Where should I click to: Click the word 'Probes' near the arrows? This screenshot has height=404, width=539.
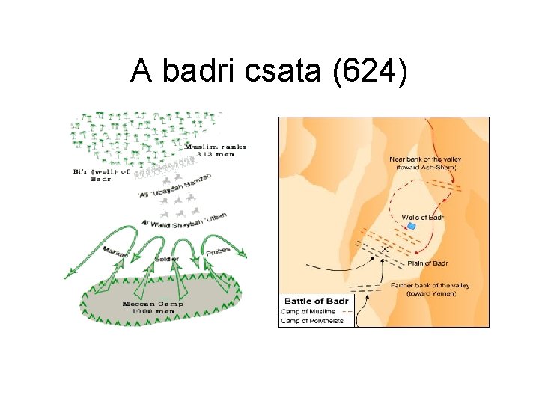pyautogui.click(x=217, y=251)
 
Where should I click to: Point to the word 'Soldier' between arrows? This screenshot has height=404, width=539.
pyautogui.click(x=166, y=258)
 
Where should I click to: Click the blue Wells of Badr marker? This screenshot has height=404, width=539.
pyautogui.click(x=410, y=226)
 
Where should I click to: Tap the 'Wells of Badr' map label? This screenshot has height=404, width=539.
pyautogui.click(x=423, y=218)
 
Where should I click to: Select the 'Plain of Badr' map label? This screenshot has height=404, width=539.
pyautogui.click(x=427, y=263)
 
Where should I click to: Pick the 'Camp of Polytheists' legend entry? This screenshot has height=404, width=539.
pyautogui.click(x=311, y=321)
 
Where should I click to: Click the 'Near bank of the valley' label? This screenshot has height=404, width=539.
pyautogui.click(x=424, y=159)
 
